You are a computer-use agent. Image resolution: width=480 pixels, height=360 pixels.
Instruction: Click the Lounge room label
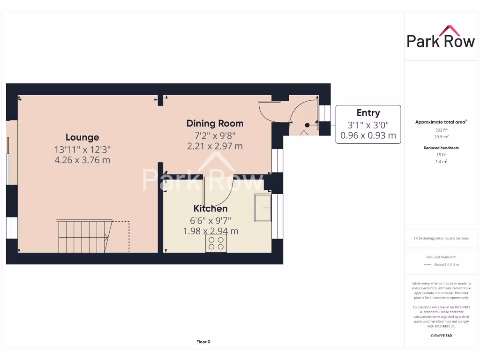(82, 137)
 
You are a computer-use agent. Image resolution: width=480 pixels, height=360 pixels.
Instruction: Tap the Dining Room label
(215, 123)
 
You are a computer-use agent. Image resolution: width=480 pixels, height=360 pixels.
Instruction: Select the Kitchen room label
(210, 209)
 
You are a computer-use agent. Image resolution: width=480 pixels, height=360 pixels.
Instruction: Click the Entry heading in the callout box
(368, 113)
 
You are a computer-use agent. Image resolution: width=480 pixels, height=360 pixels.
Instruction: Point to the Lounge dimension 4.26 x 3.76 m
(82, 160)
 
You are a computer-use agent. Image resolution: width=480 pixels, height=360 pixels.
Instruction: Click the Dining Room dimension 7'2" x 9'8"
(215, 135)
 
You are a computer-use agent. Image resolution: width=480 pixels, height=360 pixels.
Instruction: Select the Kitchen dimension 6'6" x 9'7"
(210, 220)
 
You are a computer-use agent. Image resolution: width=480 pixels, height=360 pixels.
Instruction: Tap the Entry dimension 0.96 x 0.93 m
(368, 136)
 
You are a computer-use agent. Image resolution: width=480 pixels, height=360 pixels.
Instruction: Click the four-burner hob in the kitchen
(216, 243)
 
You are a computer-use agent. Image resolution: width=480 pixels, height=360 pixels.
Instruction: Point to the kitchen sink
(262, 208)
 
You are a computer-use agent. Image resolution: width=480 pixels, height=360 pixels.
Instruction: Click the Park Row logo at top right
(440, 37)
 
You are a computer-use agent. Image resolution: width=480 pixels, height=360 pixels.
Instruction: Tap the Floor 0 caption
(203, 342)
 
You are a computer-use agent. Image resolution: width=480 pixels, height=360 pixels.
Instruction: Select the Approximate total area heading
(440, 122)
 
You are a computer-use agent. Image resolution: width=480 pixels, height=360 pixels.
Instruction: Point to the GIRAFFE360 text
(440, 336)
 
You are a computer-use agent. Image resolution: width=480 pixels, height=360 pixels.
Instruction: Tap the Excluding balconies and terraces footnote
(441, 238)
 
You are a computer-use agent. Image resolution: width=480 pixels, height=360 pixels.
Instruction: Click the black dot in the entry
(307, 125)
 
